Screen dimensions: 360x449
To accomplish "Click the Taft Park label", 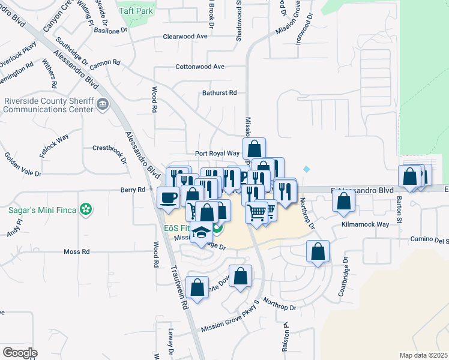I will [136, 11].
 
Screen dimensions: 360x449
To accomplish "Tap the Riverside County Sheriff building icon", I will [103, 105].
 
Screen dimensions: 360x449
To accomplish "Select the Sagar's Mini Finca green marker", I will [86, 209].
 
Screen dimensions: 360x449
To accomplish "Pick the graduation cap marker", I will [202, 232].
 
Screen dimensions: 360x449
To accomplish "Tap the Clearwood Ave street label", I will [185, 37].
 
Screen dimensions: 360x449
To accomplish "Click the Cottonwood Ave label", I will [200, 67].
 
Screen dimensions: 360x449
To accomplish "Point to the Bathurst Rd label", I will [220, 93].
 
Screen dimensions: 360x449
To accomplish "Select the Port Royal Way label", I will [217, 154].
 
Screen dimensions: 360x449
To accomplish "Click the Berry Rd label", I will [133, 190].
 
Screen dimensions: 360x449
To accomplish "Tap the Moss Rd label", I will [76, 252].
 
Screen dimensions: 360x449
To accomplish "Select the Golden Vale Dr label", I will [23, 164].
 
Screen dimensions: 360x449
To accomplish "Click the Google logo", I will [19, 352].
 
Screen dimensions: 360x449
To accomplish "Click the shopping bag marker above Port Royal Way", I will [254, 148].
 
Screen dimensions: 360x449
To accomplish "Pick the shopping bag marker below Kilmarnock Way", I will [318, 251].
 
